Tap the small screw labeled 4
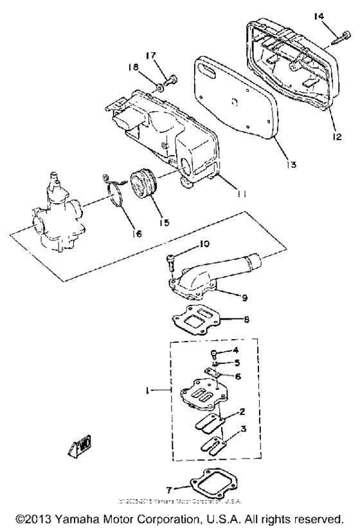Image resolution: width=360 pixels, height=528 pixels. point(213,352)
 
